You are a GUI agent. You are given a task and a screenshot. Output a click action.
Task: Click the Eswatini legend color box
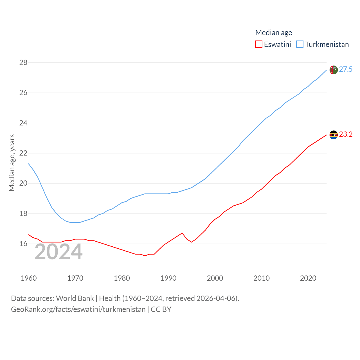[259, 44]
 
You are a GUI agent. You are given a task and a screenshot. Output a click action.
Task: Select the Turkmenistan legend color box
[300, 44]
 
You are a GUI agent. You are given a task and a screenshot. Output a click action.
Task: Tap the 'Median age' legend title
[273, 33]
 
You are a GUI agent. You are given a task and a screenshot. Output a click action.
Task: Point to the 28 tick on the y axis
[23, 62]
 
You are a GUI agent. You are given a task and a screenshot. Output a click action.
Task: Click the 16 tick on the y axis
[23, 244]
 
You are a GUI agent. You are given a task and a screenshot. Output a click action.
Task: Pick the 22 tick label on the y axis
[23, 153]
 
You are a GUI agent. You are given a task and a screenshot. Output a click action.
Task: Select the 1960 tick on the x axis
[29, 278]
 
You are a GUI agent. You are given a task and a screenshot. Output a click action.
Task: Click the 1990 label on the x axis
[168, 278]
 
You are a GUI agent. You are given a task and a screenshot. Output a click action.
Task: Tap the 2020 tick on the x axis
[308, 278]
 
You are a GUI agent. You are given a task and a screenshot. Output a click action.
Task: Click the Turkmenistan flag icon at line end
[334, 70]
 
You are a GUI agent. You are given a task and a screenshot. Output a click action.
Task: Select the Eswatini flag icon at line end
[334, 135]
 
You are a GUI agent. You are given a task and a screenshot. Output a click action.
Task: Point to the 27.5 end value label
[346, 69]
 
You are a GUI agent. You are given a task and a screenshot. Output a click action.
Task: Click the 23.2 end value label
[346, 134]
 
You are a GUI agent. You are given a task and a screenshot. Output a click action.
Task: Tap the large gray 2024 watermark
[58, 252]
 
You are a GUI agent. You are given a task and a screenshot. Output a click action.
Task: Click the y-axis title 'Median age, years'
[12, 163]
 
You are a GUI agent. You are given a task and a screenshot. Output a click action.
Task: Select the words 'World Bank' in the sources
[75, 298]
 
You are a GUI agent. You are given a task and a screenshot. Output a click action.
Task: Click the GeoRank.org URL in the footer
[78, 309]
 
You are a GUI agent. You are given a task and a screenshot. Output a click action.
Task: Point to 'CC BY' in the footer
[161, 309]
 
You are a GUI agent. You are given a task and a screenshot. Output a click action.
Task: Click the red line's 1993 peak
[182, 233]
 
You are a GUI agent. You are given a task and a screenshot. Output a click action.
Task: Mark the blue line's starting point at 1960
[29, 164]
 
